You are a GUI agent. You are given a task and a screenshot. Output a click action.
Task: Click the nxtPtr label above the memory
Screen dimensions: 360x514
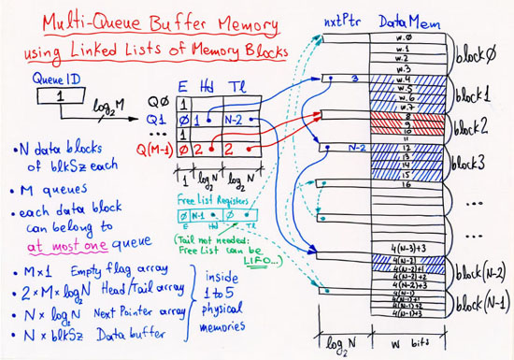(x=339, y=21)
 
